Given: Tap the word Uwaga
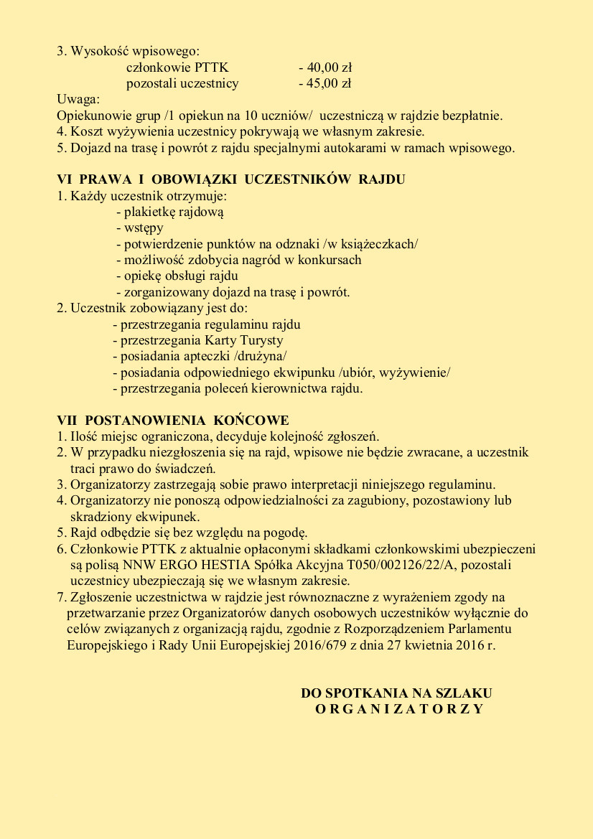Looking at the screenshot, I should [78, 100].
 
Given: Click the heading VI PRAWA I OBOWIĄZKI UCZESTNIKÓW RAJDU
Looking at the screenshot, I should [231, 179].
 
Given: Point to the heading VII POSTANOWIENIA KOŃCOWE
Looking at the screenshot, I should [173, 420].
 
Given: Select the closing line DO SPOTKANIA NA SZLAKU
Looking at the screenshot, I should [396, 693].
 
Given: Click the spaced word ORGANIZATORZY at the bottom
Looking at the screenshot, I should [399, 709].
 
